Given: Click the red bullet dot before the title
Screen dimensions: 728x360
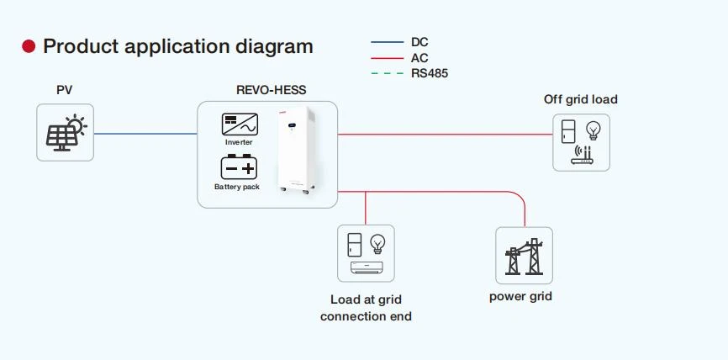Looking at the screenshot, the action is (x=29, y=46).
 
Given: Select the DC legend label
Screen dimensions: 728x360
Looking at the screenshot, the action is (x=419, y=42).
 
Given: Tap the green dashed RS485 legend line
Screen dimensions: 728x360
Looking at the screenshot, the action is (x=388, y=73).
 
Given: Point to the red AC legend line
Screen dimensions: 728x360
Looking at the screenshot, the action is (x=388, y=58).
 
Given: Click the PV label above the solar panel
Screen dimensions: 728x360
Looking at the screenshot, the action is (x=65, y=90).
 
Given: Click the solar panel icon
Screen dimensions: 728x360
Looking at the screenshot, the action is (x=66, y=133).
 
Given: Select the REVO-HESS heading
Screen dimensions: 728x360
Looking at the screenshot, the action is (x=272, y=90).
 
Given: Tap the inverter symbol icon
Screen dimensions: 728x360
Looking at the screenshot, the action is (x=240, y=124).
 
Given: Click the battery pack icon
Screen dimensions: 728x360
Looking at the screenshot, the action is (x=239, y=167).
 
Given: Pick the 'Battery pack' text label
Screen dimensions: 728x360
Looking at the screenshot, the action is (x=237, y=187).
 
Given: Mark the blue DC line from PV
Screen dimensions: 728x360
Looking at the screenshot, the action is (x=145, y=134).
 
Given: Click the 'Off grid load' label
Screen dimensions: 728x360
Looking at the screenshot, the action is (x=580, y=99).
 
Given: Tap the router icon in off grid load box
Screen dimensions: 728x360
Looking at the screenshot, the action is (x=583, y=155).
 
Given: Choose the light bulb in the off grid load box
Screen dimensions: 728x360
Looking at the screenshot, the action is (x=593, y=130).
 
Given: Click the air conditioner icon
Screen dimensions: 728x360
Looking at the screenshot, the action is (x=367, y=267).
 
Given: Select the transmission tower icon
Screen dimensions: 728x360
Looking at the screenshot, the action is (x=525, y=257).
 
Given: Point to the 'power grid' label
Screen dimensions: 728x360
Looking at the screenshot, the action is (x=520, y=297).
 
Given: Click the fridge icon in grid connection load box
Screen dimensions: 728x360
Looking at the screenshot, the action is (x=355, y=246).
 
